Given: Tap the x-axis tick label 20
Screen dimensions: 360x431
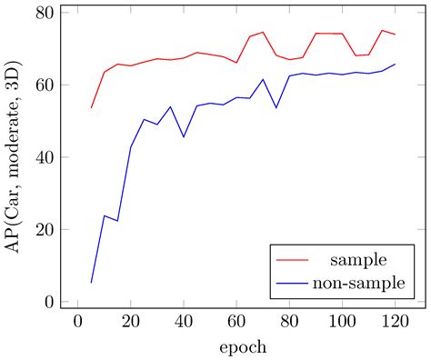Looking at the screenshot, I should pos(131,325).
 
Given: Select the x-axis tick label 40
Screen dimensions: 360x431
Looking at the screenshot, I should pos(184,325).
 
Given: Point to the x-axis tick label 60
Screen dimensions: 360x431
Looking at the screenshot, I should pos(236,325).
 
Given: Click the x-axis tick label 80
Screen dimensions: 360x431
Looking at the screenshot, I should pos(289,325).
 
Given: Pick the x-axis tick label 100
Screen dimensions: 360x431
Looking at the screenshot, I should pos(342,325).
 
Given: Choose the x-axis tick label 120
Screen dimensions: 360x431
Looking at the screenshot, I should pos(395,325).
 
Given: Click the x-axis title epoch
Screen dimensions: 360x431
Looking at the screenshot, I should pos(242,347).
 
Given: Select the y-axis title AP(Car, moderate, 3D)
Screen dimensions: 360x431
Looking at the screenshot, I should pos(15,157).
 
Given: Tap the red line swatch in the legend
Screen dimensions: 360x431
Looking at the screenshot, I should pos(295,261).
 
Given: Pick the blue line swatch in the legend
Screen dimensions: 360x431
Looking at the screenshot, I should pos(295,285).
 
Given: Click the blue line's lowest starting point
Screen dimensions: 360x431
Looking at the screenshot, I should pos(92,283).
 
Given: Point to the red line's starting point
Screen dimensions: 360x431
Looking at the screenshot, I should pos(92,108).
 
